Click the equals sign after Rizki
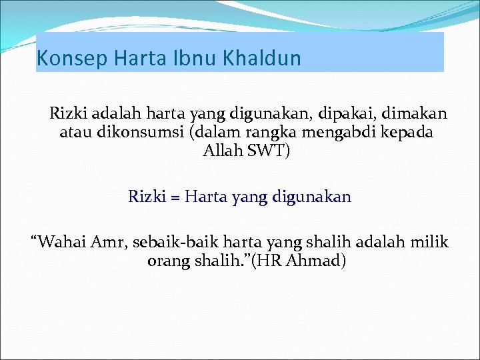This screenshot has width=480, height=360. point(172,197)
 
